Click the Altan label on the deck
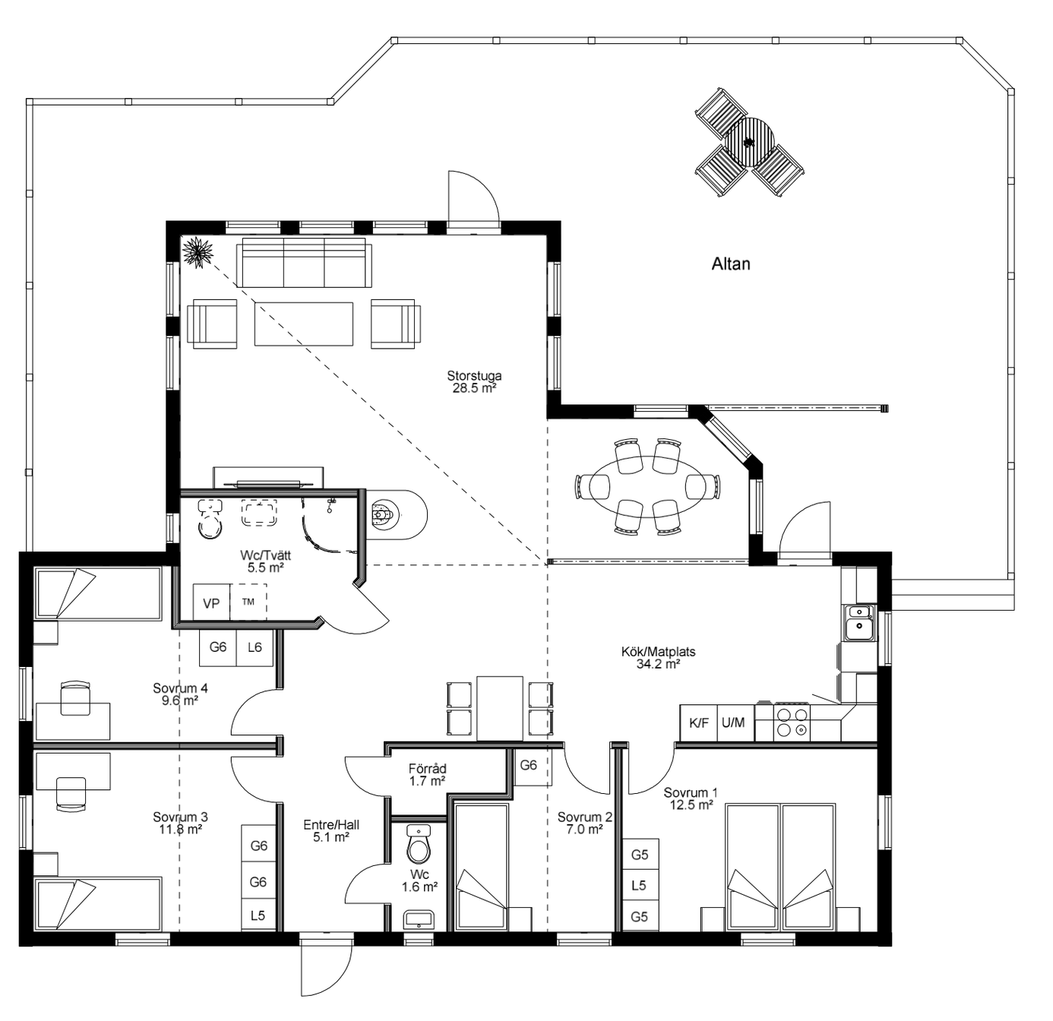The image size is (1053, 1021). [x=731, y=264]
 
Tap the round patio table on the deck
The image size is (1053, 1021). [x=750, y=142]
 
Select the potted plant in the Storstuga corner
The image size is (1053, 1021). [x=198, y=251]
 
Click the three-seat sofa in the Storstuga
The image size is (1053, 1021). [x=304, y=262]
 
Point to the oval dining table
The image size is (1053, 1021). [x=647, y=487]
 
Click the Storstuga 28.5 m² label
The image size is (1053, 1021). [x=474, y=381]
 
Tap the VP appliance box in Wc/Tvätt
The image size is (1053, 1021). [x=211, y=602]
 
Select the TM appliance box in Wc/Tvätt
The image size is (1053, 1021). [x=248, y=602]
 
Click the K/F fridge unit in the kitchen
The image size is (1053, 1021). [x=698, y=723]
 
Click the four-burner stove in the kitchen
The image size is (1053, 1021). [x=792, y=723]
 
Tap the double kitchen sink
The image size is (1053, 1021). [x=860, y=623]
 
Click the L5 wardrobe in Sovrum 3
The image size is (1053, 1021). [x=258, y=915]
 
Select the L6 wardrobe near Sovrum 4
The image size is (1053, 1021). [x=255, y=648]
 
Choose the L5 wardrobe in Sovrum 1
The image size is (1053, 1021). [x=640, y=886]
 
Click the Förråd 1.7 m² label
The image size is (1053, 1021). [x=428, y=775]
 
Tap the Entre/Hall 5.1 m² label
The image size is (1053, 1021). [x=331, y=831]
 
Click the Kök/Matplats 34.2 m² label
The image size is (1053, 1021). [x=658, y=658]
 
